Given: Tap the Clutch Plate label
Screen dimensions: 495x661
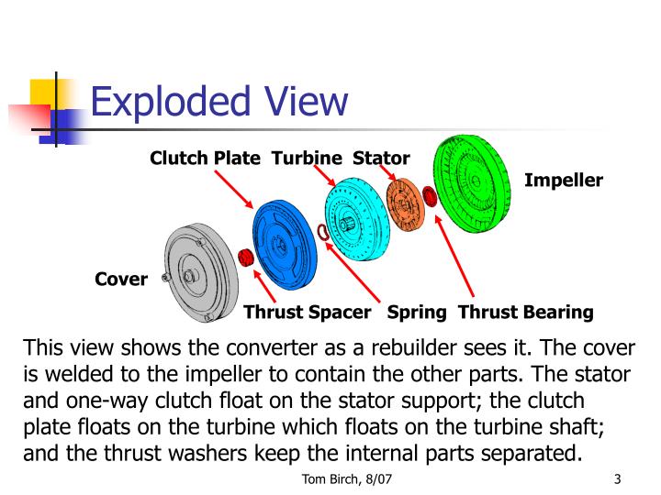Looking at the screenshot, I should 206,159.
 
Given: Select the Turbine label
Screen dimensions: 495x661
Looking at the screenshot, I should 306,159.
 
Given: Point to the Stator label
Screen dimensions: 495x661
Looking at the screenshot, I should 381,159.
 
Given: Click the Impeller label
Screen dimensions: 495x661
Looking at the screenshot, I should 563,180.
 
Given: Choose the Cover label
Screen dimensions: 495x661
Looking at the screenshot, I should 121,280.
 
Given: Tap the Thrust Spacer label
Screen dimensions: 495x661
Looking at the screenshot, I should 307,313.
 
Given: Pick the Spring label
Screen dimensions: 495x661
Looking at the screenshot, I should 417,313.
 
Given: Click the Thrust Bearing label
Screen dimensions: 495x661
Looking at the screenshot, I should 525,313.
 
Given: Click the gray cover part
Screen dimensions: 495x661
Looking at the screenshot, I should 194,271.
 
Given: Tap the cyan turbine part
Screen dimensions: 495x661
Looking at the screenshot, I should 353,220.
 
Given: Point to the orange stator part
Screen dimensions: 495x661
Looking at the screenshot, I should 403,204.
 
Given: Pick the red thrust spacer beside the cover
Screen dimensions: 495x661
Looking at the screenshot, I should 245,257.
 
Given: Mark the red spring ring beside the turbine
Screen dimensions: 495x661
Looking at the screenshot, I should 322,232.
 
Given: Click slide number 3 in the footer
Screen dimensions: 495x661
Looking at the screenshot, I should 618,478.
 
